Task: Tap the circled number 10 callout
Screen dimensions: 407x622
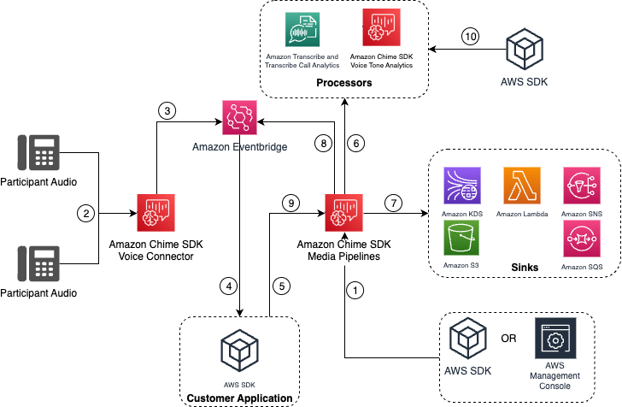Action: (x=472, y=37)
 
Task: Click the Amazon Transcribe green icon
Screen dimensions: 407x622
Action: (x=303, y=29)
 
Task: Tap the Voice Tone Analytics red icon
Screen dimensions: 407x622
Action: (x=380, y=29)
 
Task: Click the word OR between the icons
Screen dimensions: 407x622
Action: (x=508, y=338)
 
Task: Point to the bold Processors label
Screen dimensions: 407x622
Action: (x=343, y=84)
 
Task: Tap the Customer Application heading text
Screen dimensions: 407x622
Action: (x=238, y=398)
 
